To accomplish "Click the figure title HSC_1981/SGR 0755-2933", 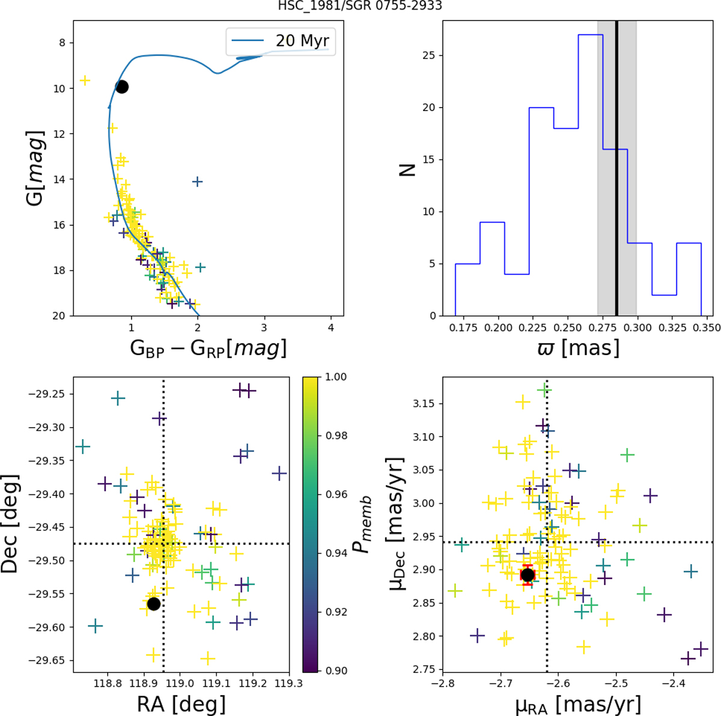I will pyautogui.click(x=360, y=7).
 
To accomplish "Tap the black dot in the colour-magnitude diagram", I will pyautogui.click(x=122, y=87).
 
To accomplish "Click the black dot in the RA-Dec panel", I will pyautogui.click(x=153, y=604).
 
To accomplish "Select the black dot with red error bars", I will pyautogui.click(x=528, y=575).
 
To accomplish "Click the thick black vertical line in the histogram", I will pyautogui.click(x=616, y=168).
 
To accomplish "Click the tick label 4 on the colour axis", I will pyautogui.click(x=331, y=328).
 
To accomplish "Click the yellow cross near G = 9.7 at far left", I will pyautogui.click(x=85, y=80).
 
